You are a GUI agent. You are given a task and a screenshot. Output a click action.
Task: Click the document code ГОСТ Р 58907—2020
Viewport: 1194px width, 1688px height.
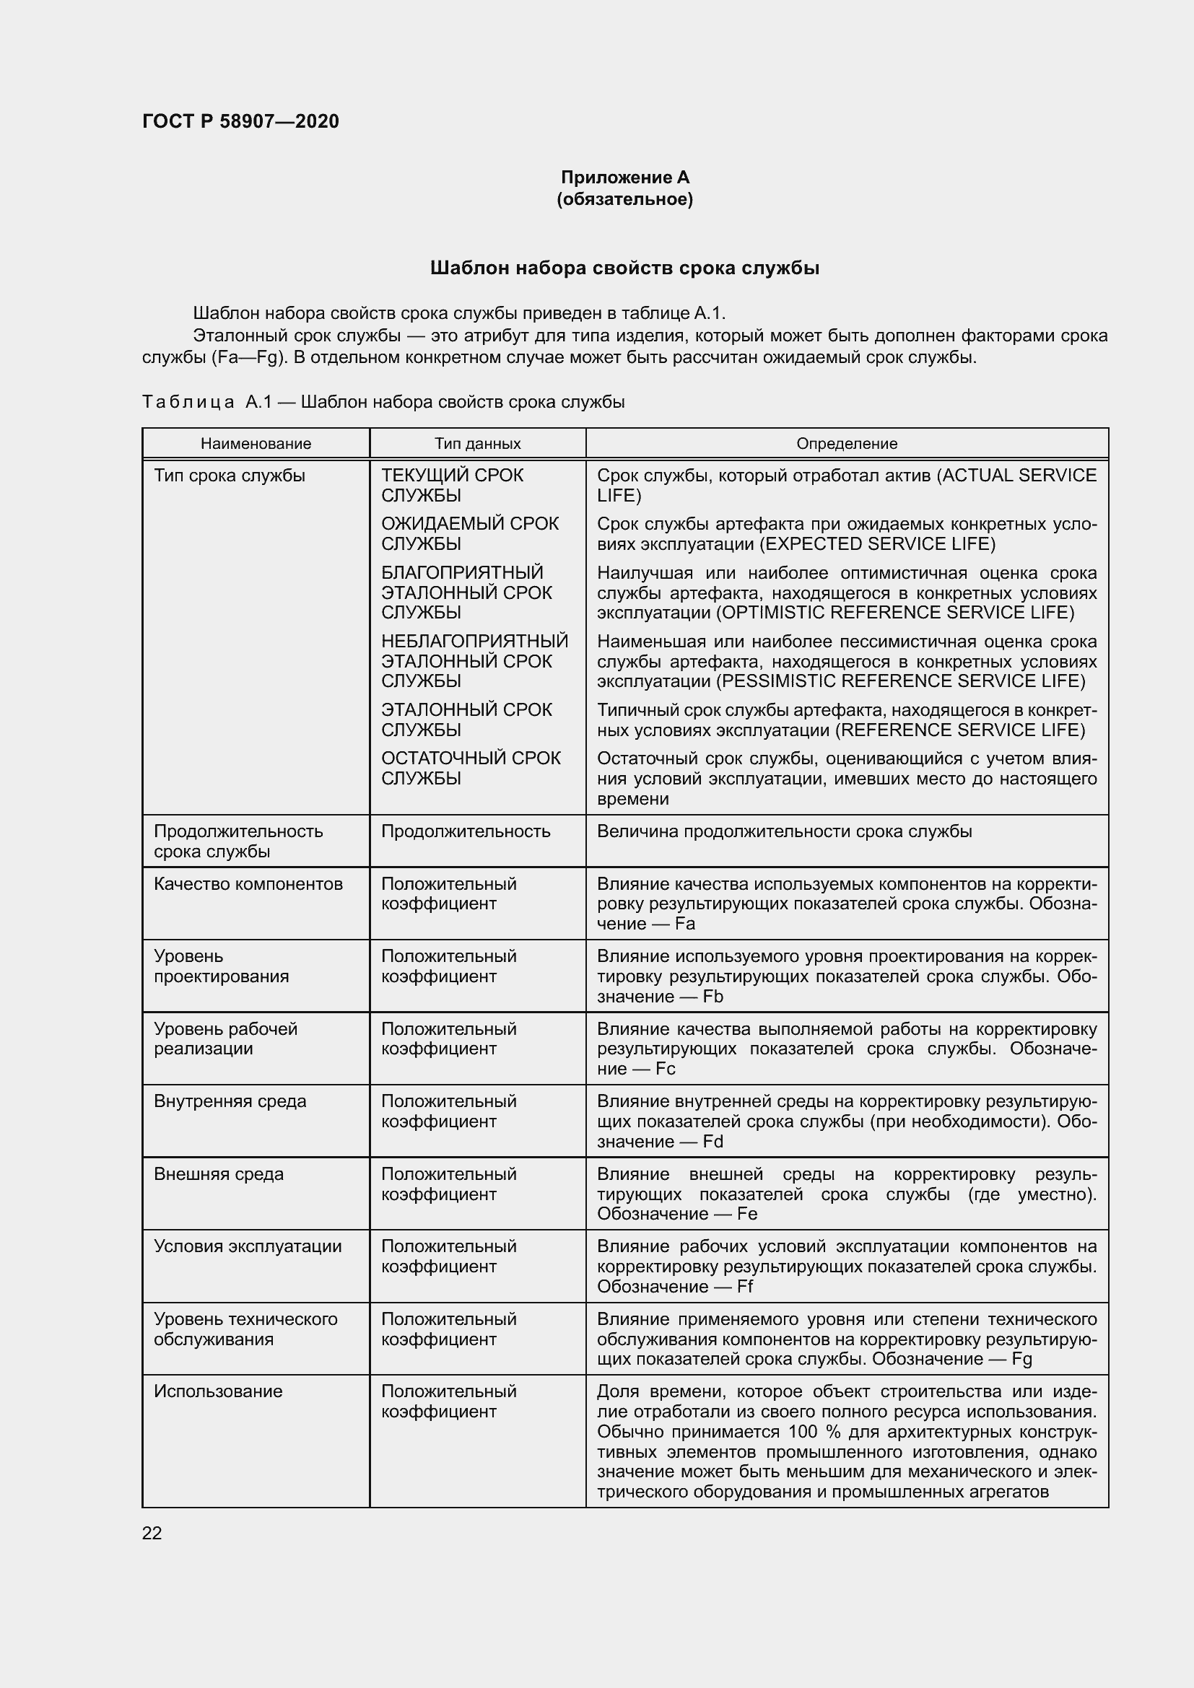click(240, 121)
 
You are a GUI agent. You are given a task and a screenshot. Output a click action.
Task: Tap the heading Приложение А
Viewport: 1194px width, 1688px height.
click(624, 178)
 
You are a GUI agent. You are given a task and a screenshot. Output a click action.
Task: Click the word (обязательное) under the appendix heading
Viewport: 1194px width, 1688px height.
click(624, 199)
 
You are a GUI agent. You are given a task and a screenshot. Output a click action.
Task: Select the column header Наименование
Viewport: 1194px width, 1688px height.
click(256, 443)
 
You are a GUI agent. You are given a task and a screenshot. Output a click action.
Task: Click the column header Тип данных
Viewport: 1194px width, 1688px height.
click(477, 443)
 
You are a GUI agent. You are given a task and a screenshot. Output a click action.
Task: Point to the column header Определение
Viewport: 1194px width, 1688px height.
click(846, 443)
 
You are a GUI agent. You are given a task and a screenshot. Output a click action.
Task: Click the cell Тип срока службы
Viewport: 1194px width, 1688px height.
click(230, 476)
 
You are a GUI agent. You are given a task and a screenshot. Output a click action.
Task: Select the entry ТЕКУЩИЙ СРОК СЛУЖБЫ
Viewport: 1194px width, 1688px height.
click(451, 485)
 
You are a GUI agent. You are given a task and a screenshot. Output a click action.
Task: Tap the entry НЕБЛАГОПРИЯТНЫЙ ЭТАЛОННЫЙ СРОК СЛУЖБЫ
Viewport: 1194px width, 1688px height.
click(474, 661)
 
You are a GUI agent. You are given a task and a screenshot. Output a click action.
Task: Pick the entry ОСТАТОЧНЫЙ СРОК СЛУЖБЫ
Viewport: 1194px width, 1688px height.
click(471, 769)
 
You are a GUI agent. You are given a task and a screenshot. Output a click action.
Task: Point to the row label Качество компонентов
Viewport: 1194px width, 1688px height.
click(248, 884)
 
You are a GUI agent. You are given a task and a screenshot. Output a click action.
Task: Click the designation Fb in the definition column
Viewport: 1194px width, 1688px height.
click(713, 996)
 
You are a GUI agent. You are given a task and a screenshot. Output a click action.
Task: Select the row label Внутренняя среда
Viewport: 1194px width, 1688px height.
click(230, 1101)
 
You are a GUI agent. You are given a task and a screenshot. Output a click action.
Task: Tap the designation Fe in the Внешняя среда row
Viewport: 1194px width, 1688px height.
click(747, 1214)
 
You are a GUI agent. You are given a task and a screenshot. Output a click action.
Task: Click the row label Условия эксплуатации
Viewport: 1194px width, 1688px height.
click(247, 1246)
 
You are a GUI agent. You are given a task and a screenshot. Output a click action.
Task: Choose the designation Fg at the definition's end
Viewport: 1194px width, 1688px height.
click(1021, 1359)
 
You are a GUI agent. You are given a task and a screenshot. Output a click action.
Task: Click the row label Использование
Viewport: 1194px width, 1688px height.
click(217, 1391)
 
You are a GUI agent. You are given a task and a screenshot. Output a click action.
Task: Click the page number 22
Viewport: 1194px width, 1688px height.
click(152, 1533)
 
